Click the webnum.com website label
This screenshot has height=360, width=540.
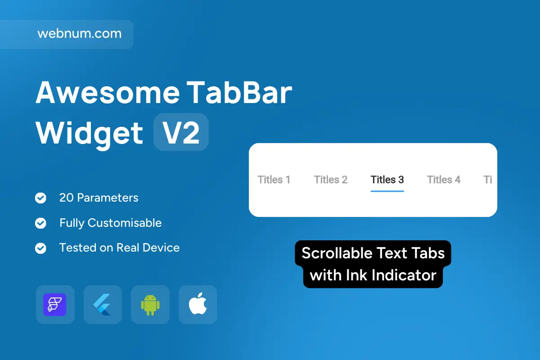(79, 33)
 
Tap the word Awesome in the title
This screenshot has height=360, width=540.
(108, 93)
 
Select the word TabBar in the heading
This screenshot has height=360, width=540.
(239, 93)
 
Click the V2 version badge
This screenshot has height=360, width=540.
(181, 132)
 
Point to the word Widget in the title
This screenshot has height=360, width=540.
(89, 134)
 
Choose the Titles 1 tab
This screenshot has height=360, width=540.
(274, 180)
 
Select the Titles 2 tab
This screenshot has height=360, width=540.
(330, 180)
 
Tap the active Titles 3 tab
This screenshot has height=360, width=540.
(387, 180)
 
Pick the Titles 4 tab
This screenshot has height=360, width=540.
(444, 180)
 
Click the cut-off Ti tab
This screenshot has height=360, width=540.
(488, 180)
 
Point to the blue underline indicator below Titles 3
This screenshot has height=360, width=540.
(387, 191)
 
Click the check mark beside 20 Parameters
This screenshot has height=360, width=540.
(40, 198)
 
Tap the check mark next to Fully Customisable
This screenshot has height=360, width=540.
(40, 223)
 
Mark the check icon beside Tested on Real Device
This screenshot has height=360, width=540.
(40, 248)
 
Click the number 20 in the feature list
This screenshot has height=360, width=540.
(66, 198)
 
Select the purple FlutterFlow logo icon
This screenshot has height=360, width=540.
(55, 305)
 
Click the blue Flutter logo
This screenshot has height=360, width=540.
(102, 305)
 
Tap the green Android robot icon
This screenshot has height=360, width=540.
(150, 305)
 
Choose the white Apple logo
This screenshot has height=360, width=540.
(198, 304)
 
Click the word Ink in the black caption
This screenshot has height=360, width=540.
(356, 275)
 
